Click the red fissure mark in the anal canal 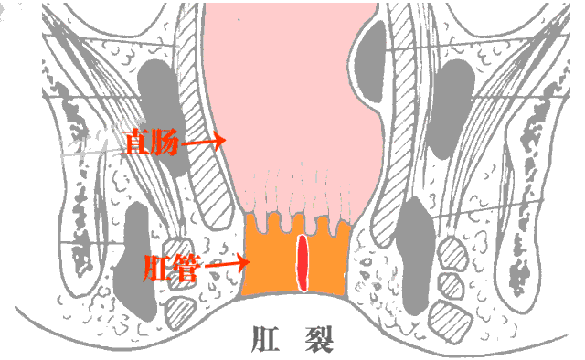(303, 260)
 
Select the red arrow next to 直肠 (204, 142)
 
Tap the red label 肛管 (170, 269)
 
